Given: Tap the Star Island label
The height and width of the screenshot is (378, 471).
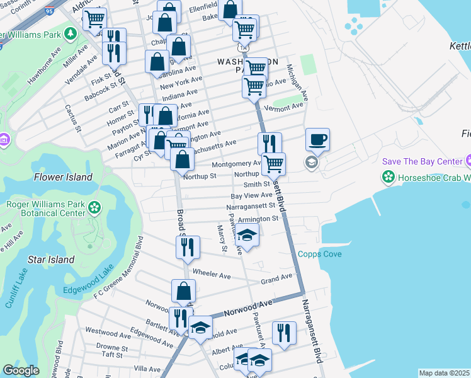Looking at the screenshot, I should point(52,260).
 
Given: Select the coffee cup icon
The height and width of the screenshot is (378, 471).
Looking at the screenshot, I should point(318,140).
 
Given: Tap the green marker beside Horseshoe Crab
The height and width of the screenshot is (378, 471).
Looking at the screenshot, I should point(390,178).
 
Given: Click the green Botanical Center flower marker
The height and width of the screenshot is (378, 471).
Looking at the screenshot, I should point(94,207).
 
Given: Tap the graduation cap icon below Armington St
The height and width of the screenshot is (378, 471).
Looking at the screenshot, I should point(247,236).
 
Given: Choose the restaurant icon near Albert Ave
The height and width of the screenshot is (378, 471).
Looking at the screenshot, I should point(284,333).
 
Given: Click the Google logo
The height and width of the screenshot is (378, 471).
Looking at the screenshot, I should point(21,370).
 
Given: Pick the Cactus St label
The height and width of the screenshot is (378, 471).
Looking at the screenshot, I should point(73,118).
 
